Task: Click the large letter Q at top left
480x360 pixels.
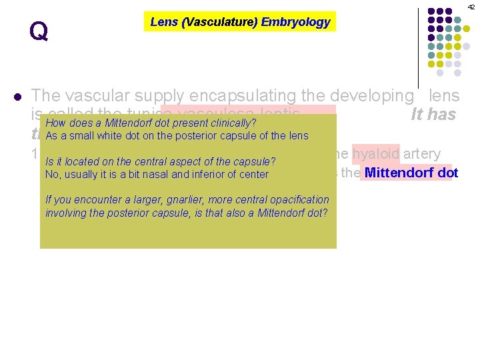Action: tap(39, 31)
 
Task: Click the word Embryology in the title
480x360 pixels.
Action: tap(295, 22)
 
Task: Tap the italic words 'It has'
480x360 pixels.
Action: tap(433, 115)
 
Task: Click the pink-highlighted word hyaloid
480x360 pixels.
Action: tap(375, 153)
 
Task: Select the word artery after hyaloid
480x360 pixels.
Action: tap(421, 153)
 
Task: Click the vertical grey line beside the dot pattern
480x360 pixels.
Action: tap(418, 40)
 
